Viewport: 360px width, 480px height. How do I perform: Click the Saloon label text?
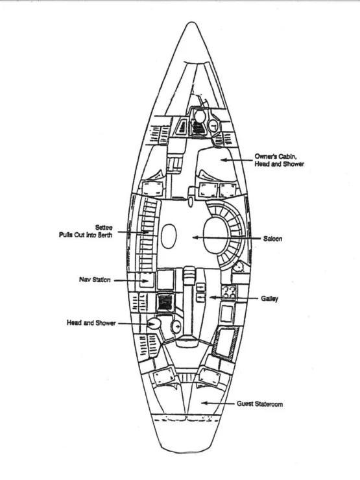click(x=272, y=239)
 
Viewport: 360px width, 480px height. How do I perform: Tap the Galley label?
click(x=269, y=298)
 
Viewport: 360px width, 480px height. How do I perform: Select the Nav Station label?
click(x=95, y=280)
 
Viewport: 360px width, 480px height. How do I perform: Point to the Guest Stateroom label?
click(x=259, y=404)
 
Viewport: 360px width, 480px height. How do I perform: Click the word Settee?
click(x=104, y=228)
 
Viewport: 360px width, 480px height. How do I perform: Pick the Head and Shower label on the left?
click(x=91, y=323)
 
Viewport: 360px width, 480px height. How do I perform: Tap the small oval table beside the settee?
click(x=169, y=236)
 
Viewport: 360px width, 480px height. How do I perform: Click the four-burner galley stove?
click(x=229, y=292)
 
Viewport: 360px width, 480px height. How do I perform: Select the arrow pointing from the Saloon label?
click(x=226, y=237)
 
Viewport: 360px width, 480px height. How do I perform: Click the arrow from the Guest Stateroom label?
click(x=218, y=403)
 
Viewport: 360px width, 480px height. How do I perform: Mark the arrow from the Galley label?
click(x=234, y=298)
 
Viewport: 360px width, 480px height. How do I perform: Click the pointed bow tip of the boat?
click(x=191, y=22)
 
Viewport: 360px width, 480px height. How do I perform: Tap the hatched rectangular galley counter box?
click(x=227, y=342)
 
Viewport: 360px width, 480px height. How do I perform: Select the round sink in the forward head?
click(x=213, y=125)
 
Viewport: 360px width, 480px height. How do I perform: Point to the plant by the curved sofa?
click(x=239, y=266)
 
